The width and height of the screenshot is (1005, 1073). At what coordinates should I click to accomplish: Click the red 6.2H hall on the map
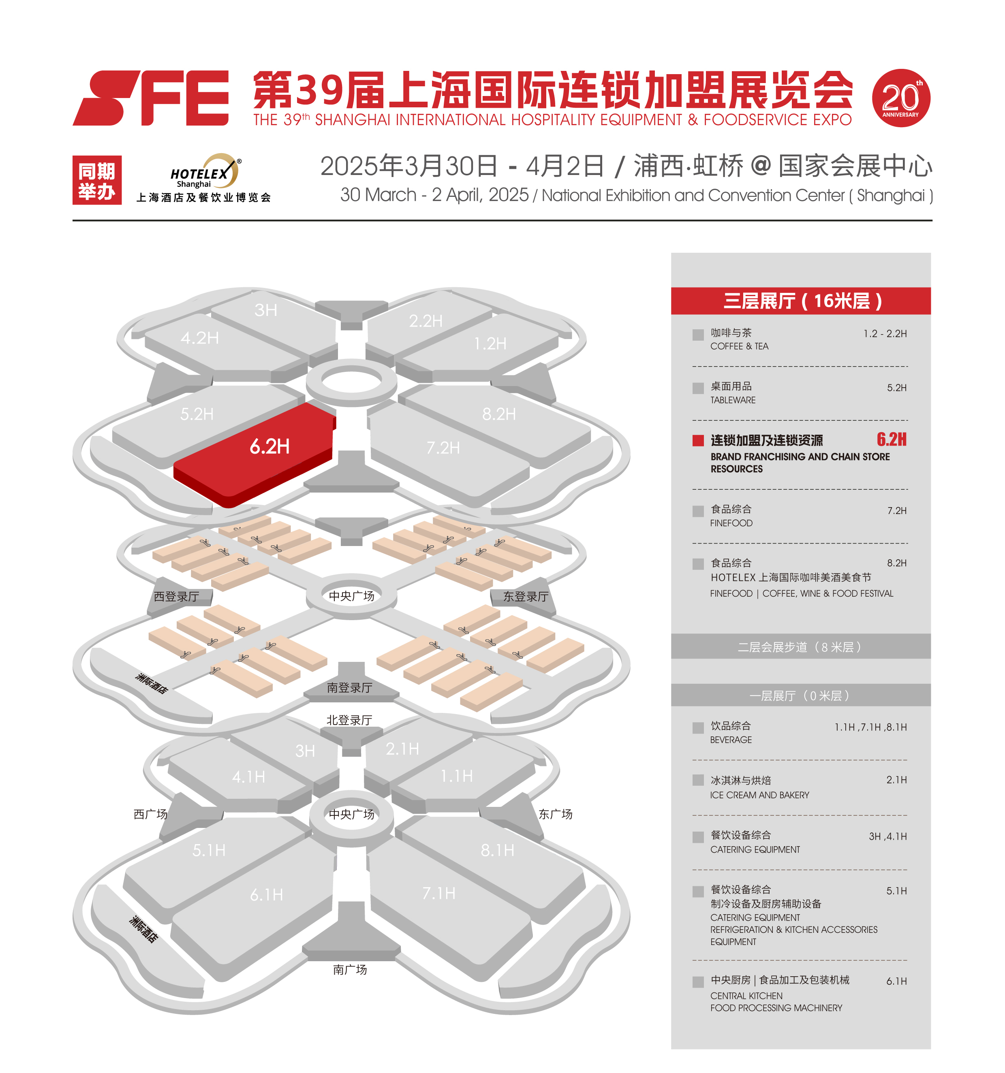tap(254, 453)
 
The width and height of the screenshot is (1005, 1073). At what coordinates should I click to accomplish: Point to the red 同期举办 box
tap(97, 180)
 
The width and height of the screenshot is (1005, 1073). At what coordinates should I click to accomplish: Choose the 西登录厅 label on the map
tap(177, 596)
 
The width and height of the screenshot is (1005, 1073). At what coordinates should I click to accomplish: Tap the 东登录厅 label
tap(526, 596)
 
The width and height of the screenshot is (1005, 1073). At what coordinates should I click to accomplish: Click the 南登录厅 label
tap(349, 688)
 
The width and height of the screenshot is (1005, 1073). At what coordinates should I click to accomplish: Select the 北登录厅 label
tap(349, 720)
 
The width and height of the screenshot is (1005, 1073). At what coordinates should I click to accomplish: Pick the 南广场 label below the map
tap(350, 970)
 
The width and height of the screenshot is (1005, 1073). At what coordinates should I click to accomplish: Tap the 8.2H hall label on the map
tap(499, 414)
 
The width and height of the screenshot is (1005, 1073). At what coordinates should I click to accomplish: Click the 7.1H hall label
tap(438, 893)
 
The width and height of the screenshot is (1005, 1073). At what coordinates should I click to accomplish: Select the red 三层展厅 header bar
tap(800, 301)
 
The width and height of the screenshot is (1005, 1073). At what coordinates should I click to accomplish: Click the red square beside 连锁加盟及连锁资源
tap(698, 440)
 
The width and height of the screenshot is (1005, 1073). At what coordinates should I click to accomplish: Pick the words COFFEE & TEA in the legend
tap(739, 346)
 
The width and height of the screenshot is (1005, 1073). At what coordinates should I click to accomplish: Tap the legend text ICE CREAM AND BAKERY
tap(759, 795)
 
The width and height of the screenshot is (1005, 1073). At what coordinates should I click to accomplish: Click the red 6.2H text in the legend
tap(892, 439)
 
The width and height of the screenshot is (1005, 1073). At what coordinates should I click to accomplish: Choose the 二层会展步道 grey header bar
tap(800, 646)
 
